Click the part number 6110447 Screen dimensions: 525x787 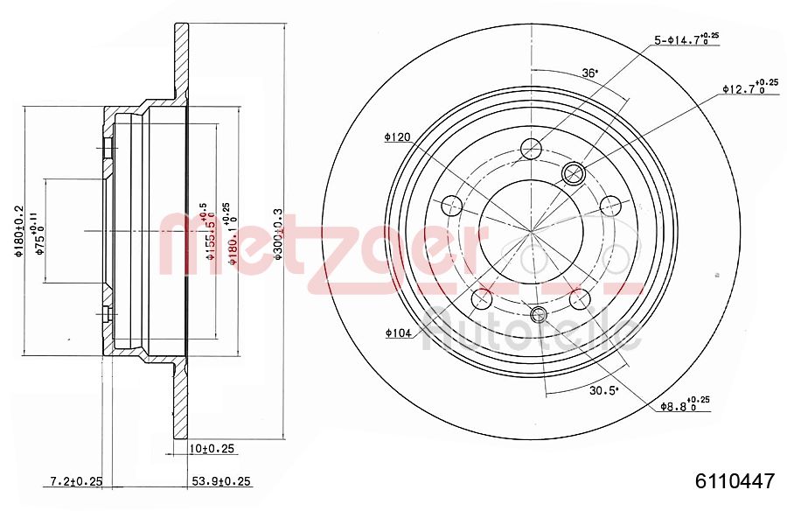735,481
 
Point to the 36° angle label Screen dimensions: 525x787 590,73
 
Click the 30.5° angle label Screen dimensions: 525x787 603,391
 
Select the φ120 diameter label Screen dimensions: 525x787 397,137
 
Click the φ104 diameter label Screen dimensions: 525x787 397,332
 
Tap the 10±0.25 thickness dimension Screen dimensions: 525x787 213,449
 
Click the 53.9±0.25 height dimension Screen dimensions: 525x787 221,481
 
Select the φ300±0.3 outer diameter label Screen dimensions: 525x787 279,233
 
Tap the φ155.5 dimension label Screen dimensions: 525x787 208,233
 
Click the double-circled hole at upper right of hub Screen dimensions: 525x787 574,172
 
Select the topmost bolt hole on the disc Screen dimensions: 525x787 531,149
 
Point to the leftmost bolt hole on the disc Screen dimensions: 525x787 452,206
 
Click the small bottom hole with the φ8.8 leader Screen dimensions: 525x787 539,314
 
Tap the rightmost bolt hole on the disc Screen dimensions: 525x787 609,207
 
